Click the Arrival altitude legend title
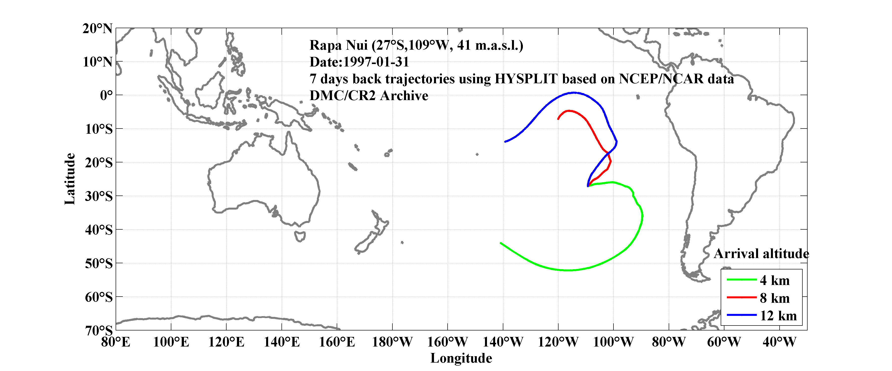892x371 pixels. pyautogui.click(x=761, y=254)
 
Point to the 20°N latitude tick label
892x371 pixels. pyautogui.click(x=97, y=28)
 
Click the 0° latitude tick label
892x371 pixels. pyautogui.click(x=106, y=95)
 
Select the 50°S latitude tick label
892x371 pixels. pyautogui.click(x=99, y=263)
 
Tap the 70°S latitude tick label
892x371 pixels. pyautogui.click(x=99, y=330)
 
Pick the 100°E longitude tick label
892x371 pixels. pyautogui.click(x=171, y=342)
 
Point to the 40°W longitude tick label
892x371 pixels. pyautogui.click(x=779, y=342)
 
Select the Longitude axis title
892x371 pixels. pyautogui.click(x=461, y=358)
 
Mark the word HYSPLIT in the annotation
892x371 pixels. pyautogui.click(x=526, y=79)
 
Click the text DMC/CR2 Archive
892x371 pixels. pyautogui.click(x=369, y=96)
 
